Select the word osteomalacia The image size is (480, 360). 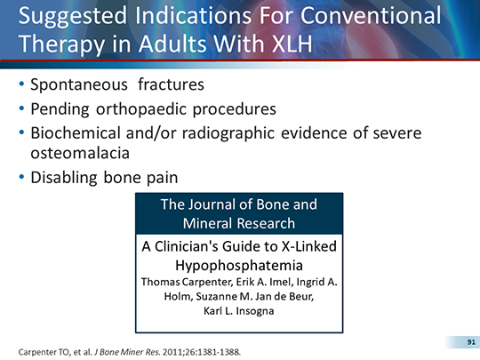(84, 153)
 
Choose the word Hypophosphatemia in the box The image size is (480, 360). (237, 265)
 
